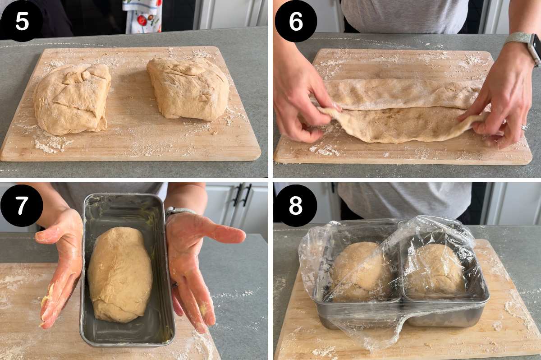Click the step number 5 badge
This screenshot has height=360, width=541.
click(x=22, y=21)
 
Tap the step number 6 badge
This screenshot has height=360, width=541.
click(x=296, y=21)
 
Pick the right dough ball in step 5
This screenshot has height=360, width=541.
click(x=188, y=88)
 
